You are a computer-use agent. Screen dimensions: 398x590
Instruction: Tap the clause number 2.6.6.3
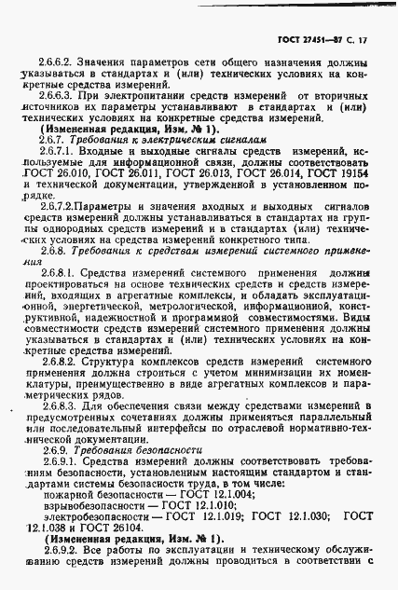[56, 94]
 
